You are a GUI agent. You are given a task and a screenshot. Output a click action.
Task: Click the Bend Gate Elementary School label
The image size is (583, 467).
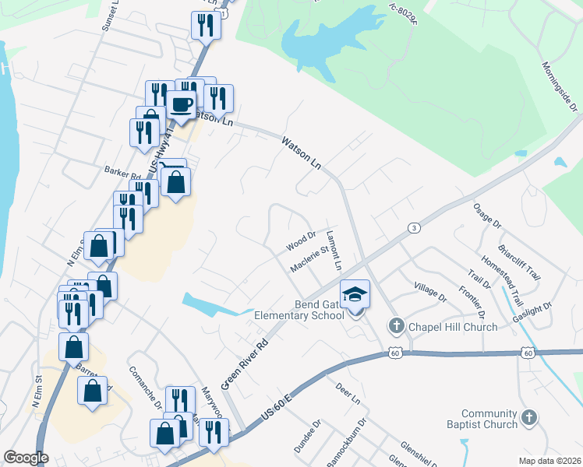click(x=299, y=310)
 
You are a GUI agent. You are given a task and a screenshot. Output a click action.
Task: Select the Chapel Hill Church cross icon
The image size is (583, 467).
click(x=396, y=326)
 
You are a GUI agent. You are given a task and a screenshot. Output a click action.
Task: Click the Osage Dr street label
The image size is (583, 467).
click(x=487, y=216)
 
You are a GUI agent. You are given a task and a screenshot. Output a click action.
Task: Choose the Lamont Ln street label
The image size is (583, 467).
click(x=334, y=251)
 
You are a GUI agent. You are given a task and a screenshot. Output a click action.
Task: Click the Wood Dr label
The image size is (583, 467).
click(x=300, y=241)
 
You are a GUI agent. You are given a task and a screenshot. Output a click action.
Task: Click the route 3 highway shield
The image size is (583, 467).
click(x=413, y=227)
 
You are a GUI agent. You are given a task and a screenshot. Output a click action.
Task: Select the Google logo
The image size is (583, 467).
click(x=26, y=457)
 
